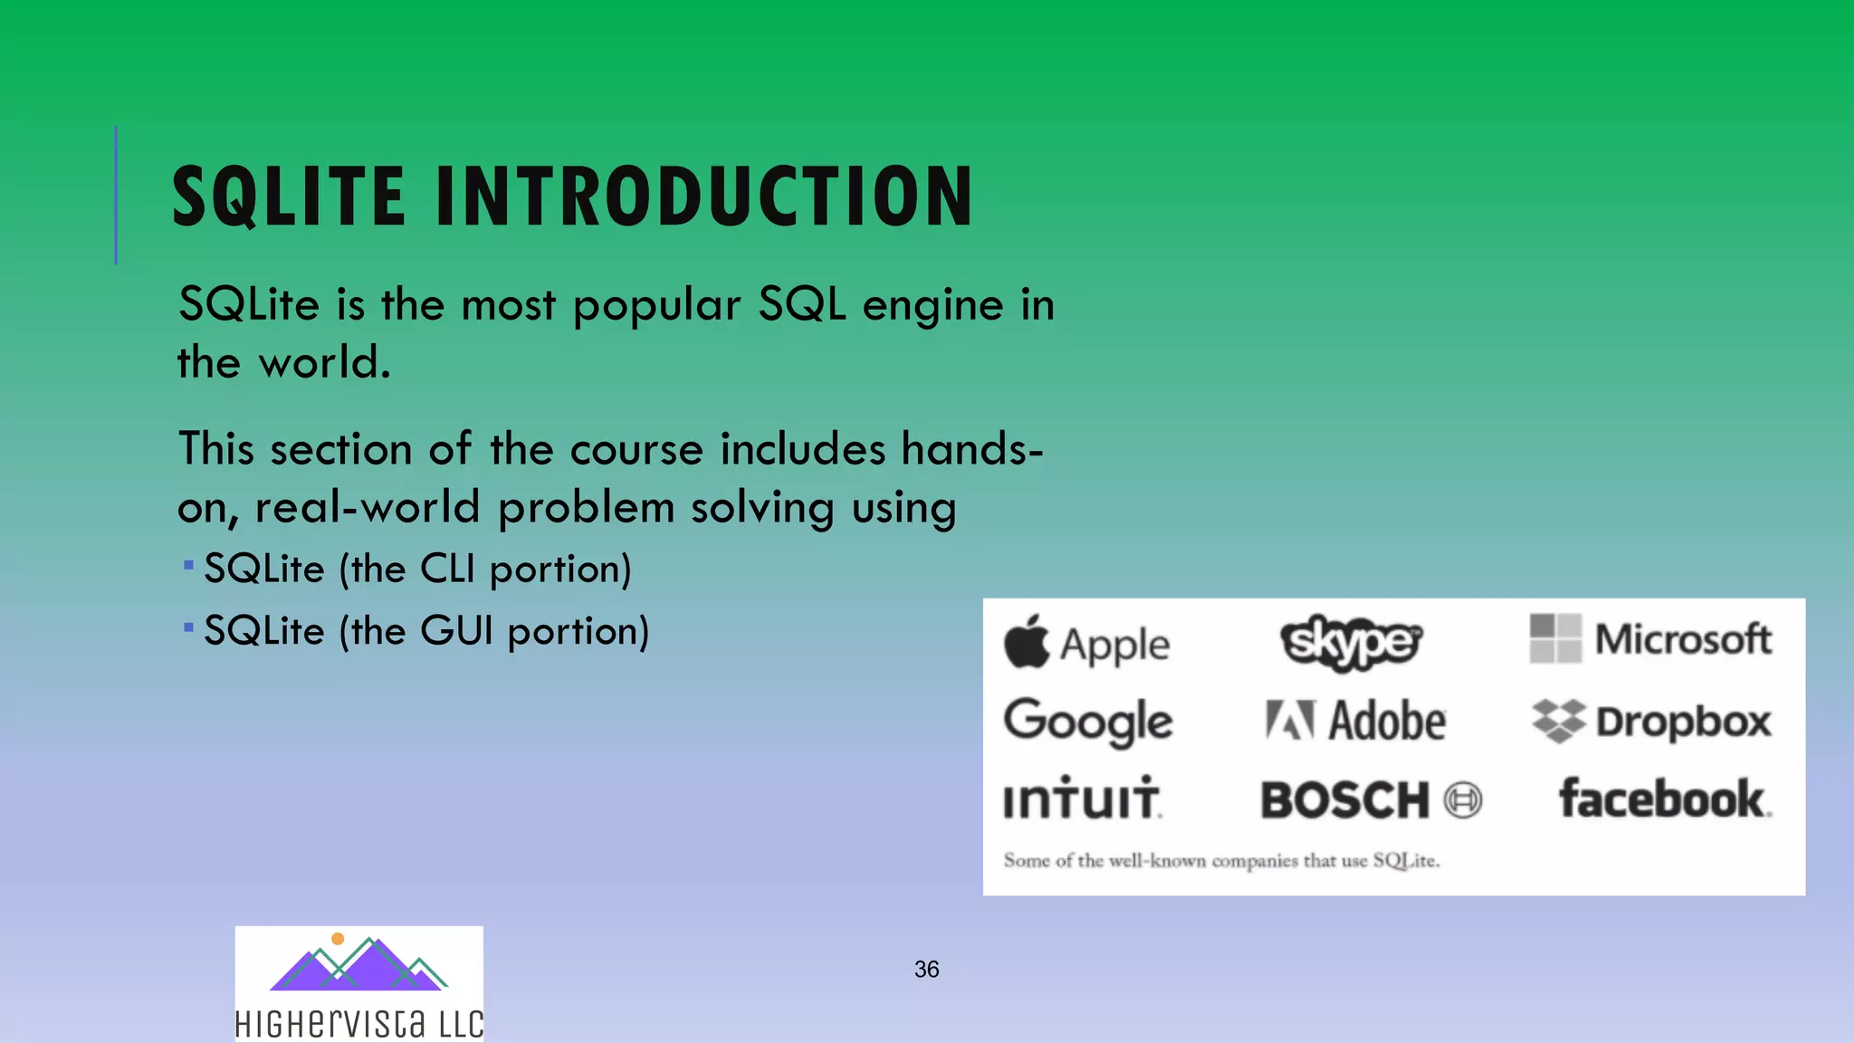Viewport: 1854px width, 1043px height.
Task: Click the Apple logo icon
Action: click(1027, 642)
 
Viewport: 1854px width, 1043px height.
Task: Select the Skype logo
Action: click(1351, 642)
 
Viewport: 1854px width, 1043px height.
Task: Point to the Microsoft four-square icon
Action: click(1555, 638)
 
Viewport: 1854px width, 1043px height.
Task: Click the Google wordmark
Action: click(1088, 722)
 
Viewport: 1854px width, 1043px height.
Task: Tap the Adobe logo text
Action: click(1386, 722)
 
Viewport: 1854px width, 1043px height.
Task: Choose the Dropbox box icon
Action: click(1558, 722)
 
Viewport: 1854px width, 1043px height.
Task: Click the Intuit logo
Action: click(1081, 799)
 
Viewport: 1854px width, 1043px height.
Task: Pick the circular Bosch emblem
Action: click(1463, 800)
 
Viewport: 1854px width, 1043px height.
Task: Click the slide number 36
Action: click(926, 970)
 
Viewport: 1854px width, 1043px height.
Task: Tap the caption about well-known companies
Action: click(1220, 860)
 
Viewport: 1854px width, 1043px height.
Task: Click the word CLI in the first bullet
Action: click(447, 569)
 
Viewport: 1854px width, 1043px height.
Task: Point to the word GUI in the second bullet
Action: click(456, 631)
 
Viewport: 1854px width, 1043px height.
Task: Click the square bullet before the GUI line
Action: click(188, 627)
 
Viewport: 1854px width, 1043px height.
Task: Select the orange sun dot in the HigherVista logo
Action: click(338, 939)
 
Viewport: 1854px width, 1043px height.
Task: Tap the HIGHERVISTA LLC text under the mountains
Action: click(358, 1024)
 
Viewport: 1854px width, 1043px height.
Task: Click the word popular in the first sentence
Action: click(656, 306)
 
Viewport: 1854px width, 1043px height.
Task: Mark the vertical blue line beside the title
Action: click(116, 195)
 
